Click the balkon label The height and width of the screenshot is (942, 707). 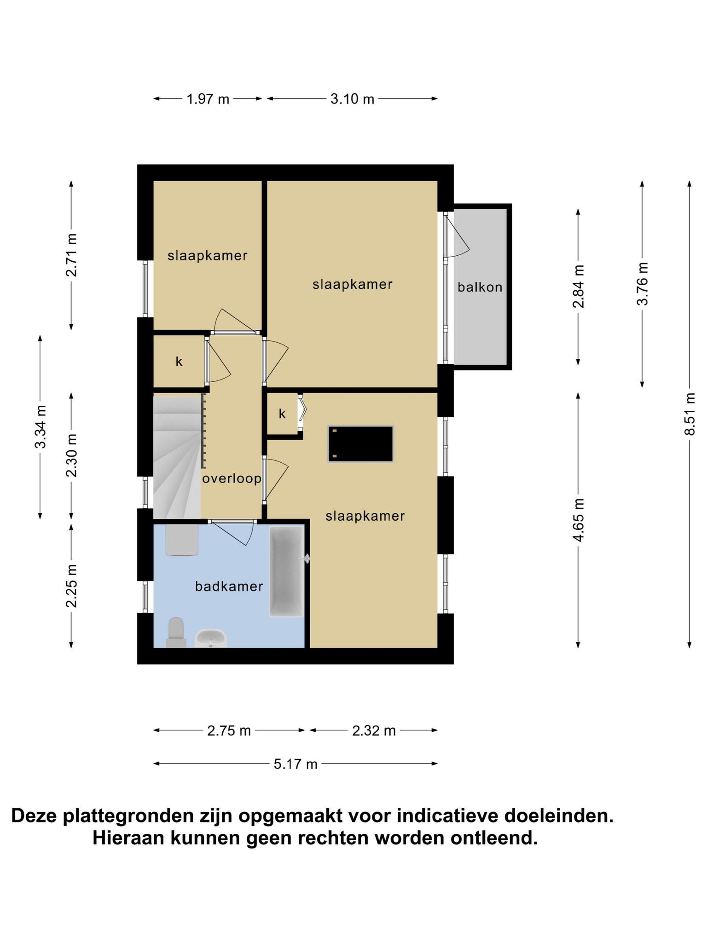coord(480,287)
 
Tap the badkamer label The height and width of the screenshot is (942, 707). coord(229,586)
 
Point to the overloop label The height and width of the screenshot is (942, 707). coord(232,479)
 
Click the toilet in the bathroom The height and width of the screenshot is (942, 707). coord(176,632)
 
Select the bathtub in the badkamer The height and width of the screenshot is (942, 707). coord(287,572)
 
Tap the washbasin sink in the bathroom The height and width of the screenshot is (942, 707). coord(211,638)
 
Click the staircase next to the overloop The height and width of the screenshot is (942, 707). coord(177,458)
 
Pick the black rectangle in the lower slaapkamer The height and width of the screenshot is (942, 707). coord(360,444)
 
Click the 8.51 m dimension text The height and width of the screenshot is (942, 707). coord(689,414)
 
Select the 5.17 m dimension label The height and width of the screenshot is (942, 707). coord(296,764)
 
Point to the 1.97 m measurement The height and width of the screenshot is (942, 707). coord(208,99)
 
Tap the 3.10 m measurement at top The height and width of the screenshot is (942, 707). coord(352,99)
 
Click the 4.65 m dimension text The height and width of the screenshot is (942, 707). coord(578,520)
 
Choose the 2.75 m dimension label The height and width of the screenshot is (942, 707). coord(229,730)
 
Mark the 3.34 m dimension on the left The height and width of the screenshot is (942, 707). coord(41,427)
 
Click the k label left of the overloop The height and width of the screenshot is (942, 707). coord(179,362)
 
